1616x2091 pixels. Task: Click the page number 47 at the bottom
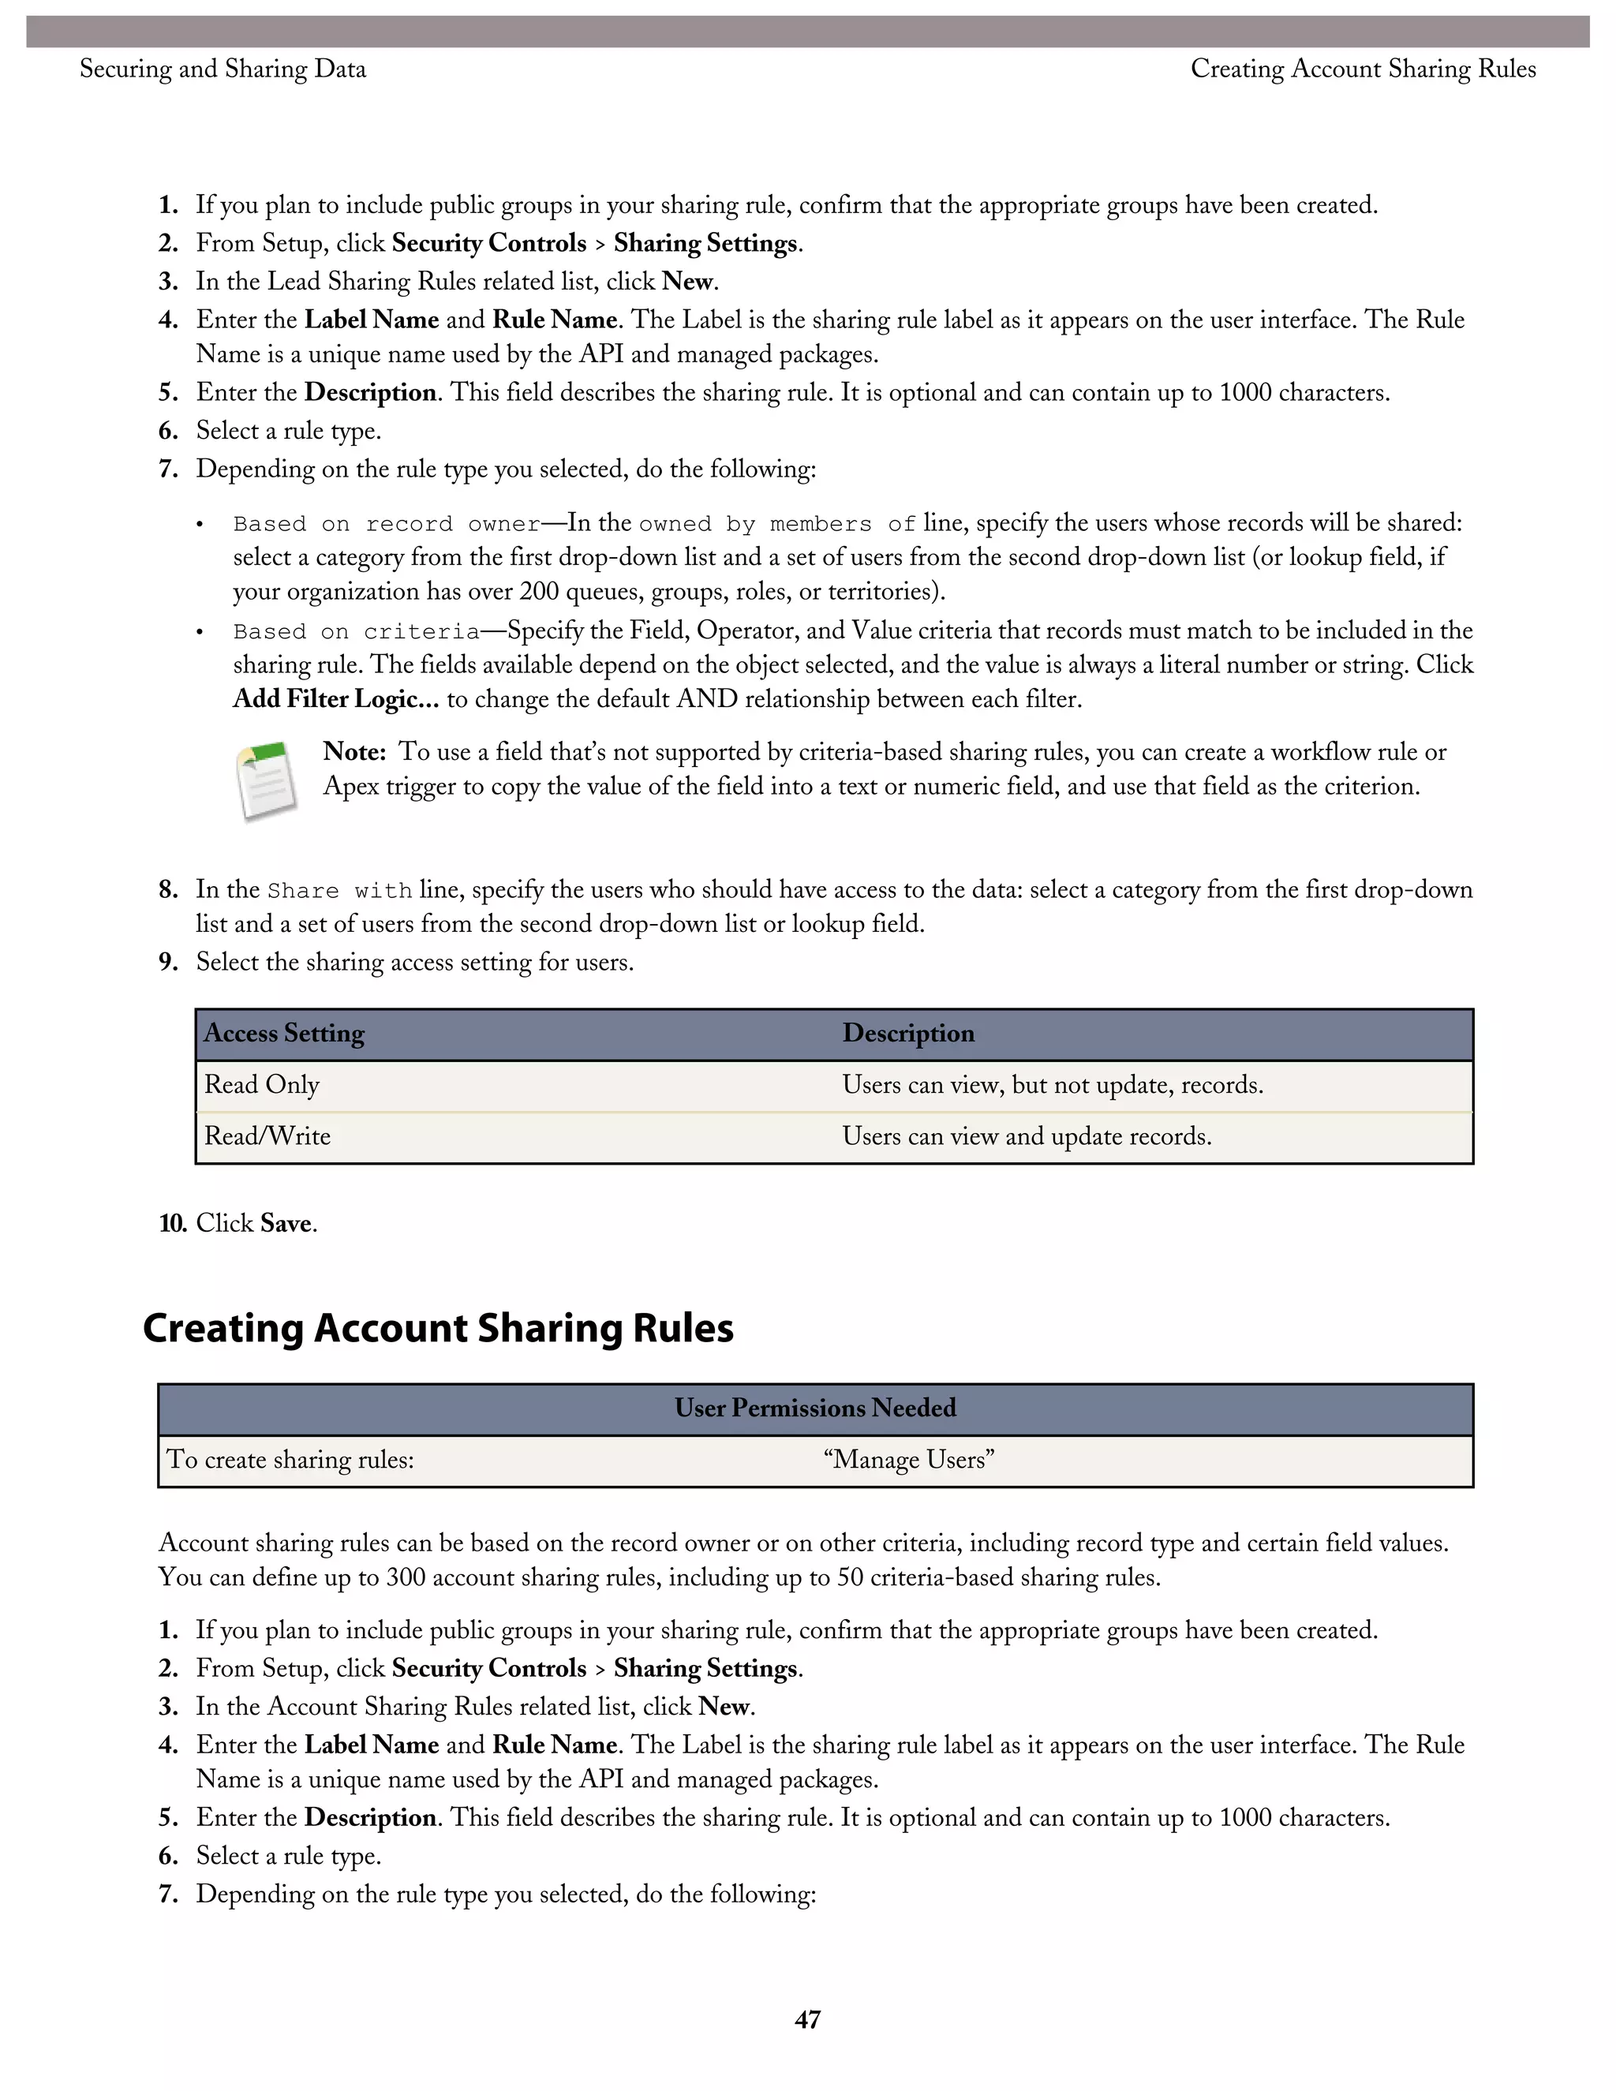807,2019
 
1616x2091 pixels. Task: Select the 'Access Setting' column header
284,1033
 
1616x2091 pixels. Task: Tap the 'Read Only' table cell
262,1085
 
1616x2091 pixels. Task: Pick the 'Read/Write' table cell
268,1136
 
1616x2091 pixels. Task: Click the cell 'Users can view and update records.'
1027,1136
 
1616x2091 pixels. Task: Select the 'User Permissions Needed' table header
814,1408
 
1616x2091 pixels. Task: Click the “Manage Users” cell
908,1459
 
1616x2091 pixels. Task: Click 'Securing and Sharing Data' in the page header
223,69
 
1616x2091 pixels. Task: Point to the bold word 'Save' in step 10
286,1224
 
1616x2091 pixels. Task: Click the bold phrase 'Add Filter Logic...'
336,699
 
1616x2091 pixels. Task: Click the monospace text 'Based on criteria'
356,632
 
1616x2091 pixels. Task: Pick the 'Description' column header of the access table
908,1033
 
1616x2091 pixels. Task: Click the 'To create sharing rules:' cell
290,1459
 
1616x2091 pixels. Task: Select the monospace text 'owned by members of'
776,524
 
